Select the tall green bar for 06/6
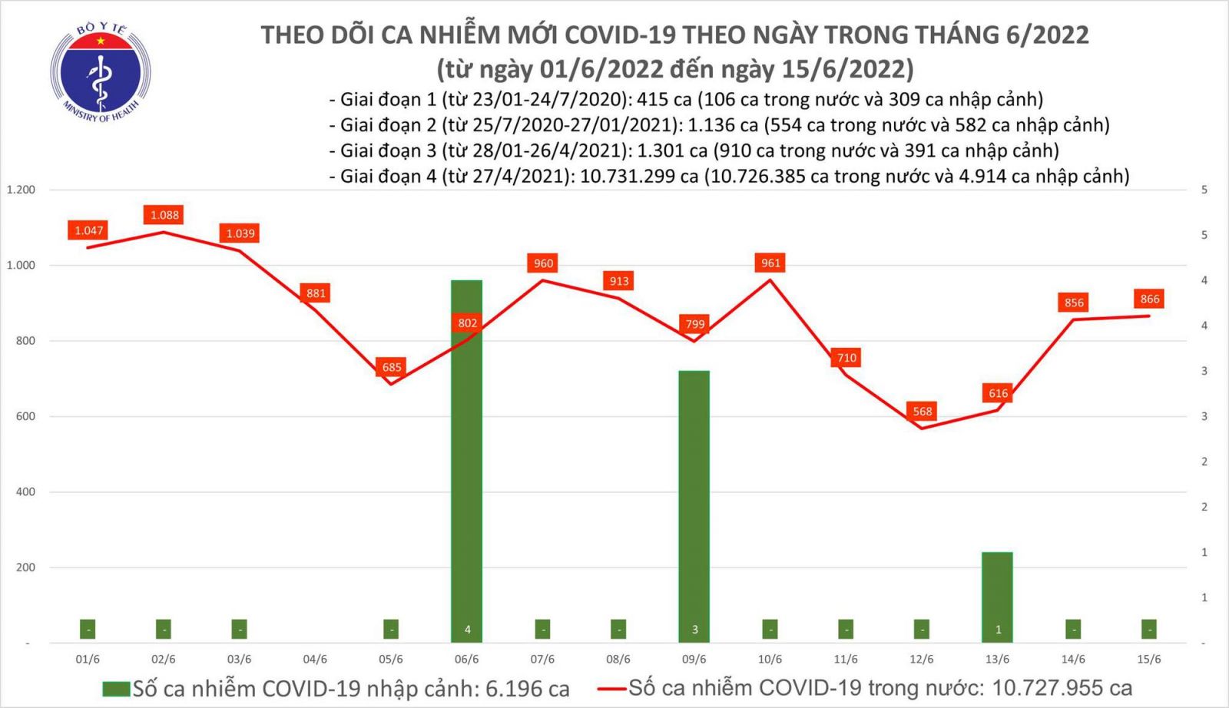coord(467,461)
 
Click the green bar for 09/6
coord(694,507)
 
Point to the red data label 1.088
coord(164,215)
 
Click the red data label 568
coord(922,412)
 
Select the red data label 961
coord(770,263)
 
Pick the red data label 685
coord(392,367)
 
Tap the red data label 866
coord(1149,299)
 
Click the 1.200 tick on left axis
coord(21,190)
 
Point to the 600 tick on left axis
coord(25,416)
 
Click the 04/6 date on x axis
coord(315,659)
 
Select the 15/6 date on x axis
coord(1149,659)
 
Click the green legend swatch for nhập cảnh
coord(116,689)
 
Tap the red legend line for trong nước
coord(611,689)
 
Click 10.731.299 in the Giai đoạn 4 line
coord(628,177)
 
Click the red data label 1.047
coord(89,230)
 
